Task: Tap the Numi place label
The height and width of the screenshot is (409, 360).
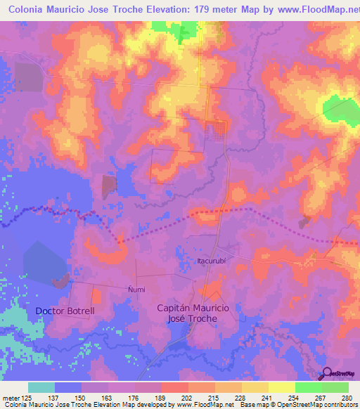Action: tap(136, 289)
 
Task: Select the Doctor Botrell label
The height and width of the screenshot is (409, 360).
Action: tap(65, 310)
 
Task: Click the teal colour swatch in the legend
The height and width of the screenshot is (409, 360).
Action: tap(41, 387)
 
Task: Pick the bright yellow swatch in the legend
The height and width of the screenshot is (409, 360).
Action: tap(281, 387)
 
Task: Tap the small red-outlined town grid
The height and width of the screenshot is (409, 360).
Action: tap(214, 129)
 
